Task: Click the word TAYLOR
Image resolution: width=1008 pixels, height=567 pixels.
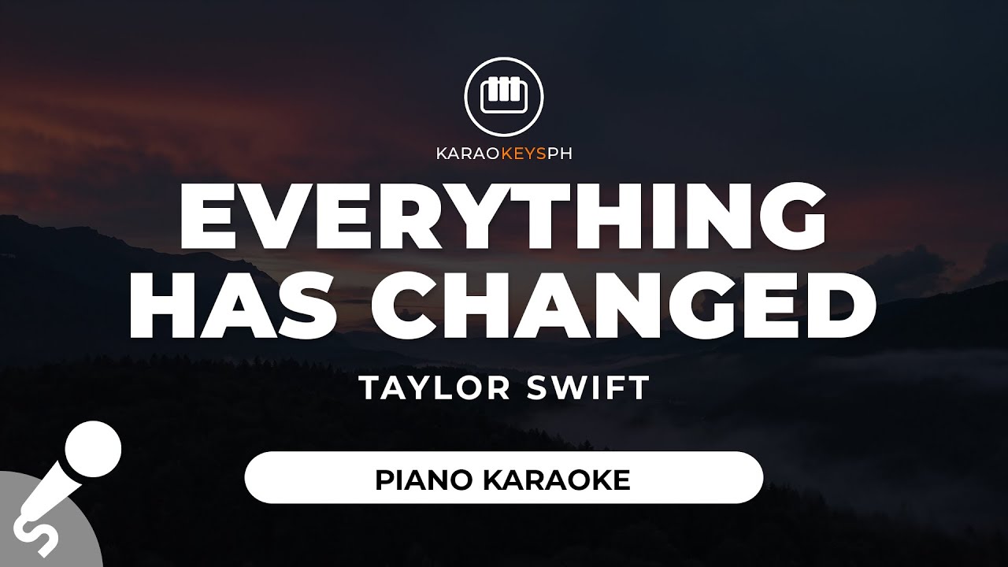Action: pos(435,388)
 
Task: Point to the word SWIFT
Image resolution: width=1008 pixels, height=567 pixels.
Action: pos(587,388)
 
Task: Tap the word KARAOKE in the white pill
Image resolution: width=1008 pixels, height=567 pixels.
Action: pos(557,480)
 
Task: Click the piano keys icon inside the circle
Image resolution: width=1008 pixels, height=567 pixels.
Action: pos(503,96)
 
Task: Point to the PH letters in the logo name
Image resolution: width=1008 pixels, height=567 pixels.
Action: pos(559,154)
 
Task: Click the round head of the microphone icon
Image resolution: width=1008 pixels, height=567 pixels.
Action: pos(93,449)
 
